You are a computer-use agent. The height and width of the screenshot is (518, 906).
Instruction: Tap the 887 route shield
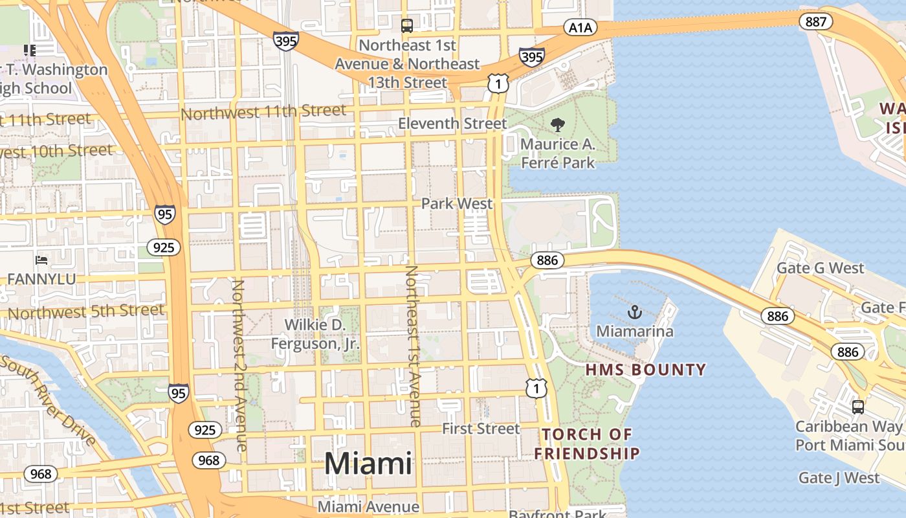tap(816, 21)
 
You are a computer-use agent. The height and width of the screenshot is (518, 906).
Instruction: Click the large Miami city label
tap(368, 464)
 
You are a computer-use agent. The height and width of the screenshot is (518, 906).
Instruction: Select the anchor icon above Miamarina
tap(635, 313)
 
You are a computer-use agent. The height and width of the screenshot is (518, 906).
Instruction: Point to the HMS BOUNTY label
tap(645, 370)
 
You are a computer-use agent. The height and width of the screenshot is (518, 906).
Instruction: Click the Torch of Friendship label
tap(587, 444)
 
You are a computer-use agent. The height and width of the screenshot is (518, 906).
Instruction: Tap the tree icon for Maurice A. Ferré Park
tap(557, 125)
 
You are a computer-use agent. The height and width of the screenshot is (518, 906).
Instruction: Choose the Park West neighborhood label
tap(457, 203)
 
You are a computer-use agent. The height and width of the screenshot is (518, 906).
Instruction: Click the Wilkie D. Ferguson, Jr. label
tap(315, 334)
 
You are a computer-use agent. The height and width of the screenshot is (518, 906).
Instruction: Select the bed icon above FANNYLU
tap(41, 260)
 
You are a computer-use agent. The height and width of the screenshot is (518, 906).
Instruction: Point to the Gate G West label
tap(820, 268)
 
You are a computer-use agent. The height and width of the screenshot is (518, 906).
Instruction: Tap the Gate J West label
tap(839, 478)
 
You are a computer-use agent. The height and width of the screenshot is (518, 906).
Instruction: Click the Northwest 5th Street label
tap(86, 312)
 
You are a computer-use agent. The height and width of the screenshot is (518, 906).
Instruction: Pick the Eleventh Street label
tap(452, 123)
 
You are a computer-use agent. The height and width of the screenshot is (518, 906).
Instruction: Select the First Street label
tap(481, 429)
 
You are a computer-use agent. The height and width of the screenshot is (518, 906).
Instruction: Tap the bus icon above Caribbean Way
tap(857, 407)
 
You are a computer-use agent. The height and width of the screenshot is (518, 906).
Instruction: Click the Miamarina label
tap(634, 332)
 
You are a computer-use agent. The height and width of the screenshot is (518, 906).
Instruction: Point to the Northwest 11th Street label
tap(263, 113)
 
